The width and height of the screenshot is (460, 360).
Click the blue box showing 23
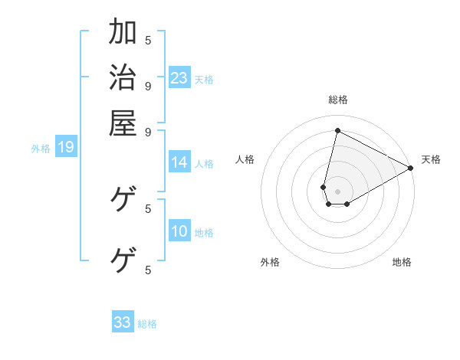pos(179,77)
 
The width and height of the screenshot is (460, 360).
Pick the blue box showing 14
pos(179,162)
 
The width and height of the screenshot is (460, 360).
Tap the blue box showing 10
pos(179,231)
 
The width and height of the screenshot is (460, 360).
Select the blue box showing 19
pos(66,147)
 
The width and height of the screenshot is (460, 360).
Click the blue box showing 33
pos(123,322)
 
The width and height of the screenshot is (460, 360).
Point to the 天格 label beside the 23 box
pos(204,79)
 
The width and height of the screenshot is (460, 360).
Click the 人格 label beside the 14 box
pos(204,163)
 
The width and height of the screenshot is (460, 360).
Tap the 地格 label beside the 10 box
pos(204,232)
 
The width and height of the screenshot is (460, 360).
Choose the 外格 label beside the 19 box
pos(41,148)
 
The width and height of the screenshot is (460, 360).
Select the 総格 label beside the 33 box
pos(147,324)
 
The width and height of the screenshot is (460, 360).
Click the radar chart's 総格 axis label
pos(338,100)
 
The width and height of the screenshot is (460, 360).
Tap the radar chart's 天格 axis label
pos(431,159)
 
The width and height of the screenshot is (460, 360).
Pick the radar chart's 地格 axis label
pos(402,262)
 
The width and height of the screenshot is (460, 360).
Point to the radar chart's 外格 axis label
pos(270,262)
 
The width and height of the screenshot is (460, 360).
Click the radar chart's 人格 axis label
pos(245,159)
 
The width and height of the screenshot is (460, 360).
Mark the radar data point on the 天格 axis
pos(411,169)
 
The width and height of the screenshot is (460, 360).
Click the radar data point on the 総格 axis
pos(338,130)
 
